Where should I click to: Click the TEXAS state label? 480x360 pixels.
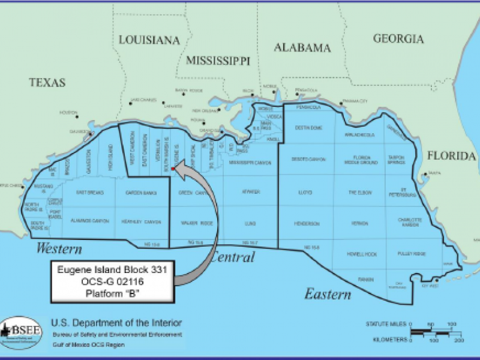[47, 82]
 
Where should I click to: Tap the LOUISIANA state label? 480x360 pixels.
[149, 40]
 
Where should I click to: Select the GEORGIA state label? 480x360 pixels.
[398, 39]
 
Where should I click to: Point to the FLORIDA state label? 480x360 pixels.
[451, 156]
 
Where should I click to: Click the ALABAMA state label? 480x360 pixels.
[302, 47]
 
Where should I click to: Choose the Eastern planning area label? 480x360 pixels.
[327, 294]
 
